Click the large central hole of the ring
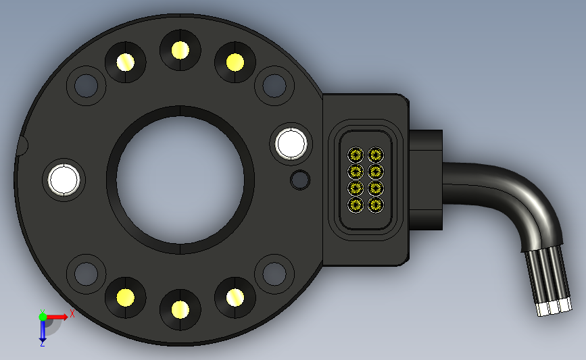[180, 180]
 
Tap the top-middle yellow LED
[180, 50]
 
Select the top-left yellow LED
[126, 62]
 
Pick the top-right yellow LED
[235, 62]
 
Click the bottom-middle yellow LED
[180, 309]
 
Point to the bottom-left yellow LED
[126, 298]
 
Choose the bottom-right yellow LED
[235, 298]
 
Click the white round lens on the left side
[64, 180]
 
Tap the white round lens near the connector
[291, 143]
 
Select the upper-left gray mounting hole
[87, 86]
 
